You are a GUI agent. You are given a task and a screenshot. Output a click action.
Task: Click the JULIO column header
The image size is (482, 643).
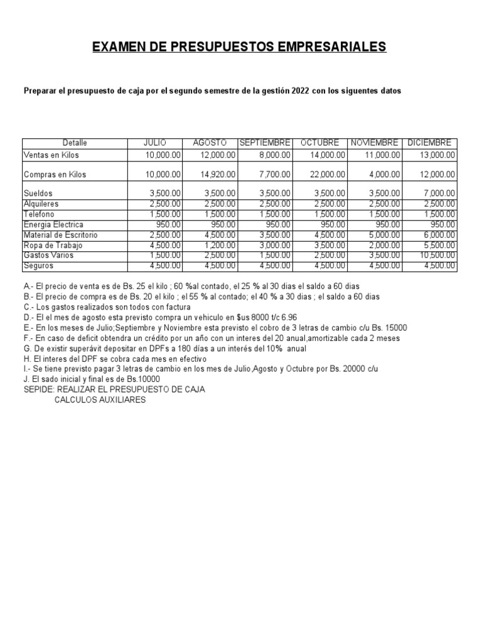[155, 143]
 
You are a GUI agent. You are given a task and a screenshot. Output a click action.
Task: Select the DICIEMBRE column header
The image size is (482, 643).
[432, 143]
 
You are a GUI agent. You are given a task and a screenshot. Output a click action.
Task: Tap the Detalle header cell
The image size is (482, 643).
[75, 143]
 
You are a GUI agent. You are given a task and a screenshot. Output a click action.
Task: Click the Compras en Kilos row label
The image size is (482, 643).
[55, 174]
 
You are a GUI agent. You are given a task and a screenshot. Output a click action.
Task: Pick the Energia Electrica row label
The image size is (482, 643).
[53, 224]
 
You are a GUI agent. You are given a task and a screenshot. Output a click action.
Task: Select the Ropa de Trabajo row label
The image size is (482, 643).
[53, 245]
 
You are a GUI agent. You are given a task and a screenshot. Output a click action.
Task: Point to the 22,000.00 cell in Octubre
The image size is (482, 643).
[328, 174]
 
